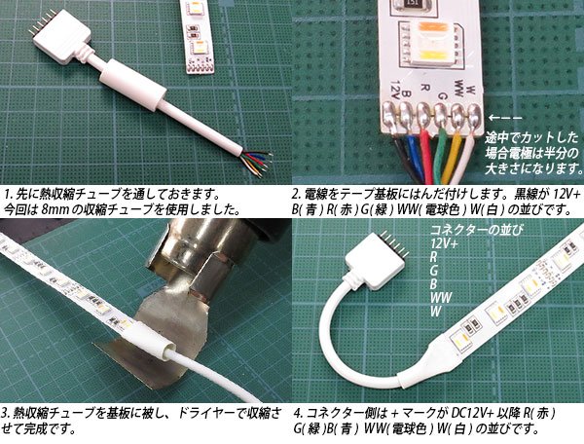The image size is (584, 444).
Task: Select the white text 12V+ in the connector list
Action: pos(444,242)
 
